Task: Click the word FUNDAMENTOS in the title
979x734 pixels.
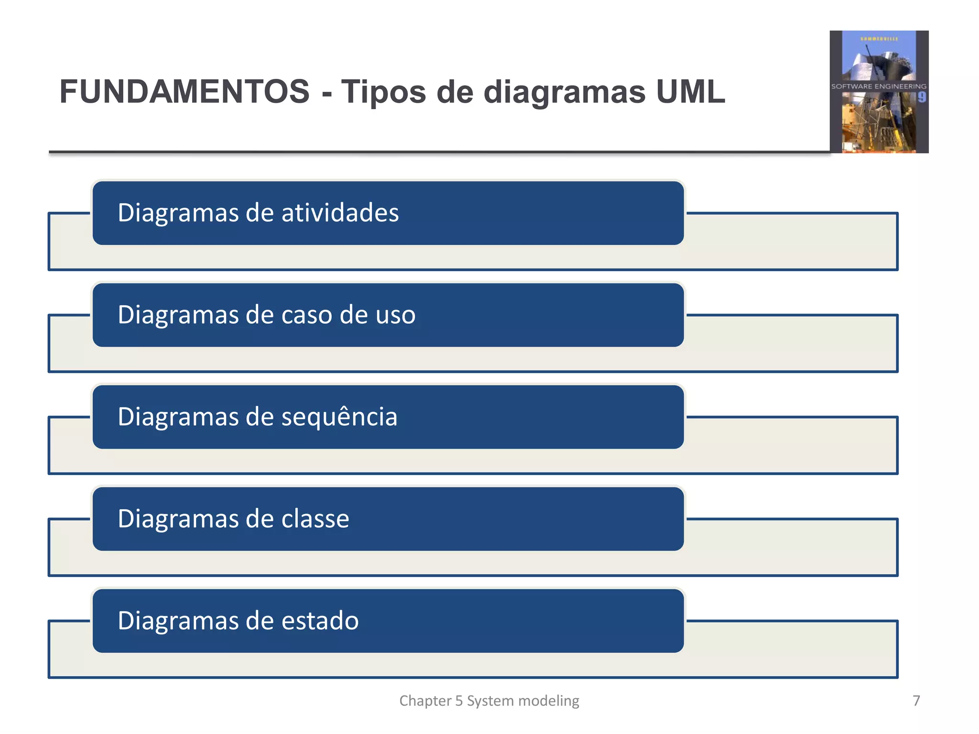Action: tap(185, 92)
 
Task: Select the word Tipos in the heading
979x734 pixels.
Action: tap(383, 92)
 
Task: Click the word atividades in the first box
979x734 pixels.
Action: tap(340, 213)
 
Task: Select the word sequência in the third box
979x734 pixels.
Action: tap(339, 417)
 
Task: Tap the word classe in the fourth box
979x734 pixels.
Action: tap(315, 519)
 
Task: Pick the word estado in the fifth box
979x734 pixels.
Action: tap(320, 621)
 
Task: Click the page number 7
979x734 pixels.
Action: tap(916, 701)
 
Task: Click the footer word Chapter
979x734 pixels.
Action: tap(425, 701)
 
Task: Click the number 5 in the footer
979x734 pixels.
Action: tap(459, 701)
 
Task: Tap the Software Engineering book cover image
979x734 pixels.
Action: tap(879, 92)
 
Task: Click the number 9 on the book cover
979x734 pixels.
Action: tap(922, 97)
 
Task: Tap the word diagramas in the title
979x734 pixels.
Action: tap(564, 92)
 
